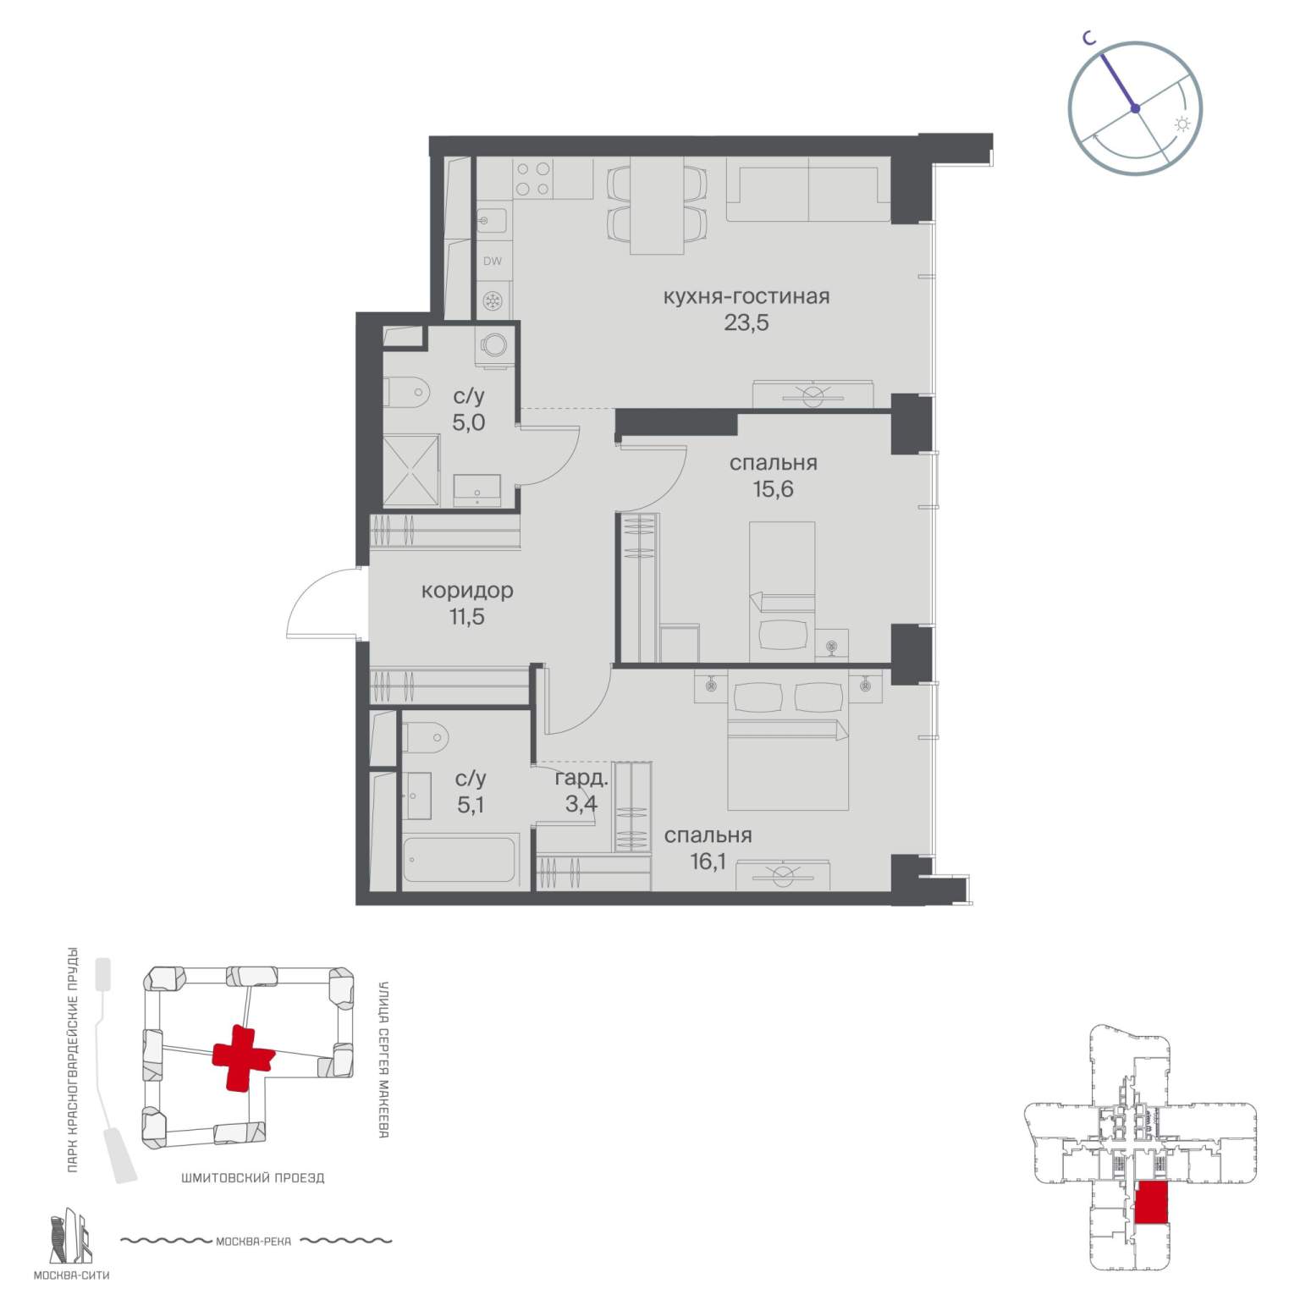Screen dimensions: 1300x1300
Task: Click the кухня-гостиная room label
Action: pos(746,297)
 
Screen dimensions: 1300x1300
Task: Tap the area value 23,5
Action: pos(746,322)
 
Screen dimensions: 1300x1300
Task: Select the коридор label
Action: pos(467,591)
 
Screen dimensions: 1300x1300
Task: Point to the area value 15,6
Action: pos(774,489)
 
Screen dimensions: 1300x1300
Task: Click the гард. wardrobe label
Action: pos(582,779)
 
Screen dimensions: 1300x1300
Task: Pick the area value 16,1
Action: pos(708,862)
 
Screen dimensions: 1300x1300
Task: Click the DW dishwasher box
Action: pos(493,261)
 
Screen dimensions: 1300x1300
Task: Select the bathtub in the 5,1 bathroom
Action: pos(460,862)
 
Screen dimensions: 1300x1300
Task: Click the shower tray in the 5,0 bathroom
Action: pos(411,471)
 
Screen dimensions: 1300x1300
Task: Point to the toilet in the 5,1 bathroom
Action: pos(422,737)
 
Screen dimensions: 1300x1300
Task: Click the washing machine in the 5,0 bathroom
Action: pos(493,345)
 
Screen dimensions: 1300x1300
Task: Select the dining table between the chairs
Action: pos(657,206)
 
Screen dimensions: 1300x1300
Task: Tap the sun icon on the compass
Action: pos(1182,124)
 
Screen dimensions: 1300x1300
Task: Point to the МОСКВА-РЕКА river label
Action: pos(254,1242)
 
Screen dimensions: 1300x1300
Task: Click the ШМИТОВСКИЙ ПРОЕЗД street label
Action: pos(252,1177)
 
